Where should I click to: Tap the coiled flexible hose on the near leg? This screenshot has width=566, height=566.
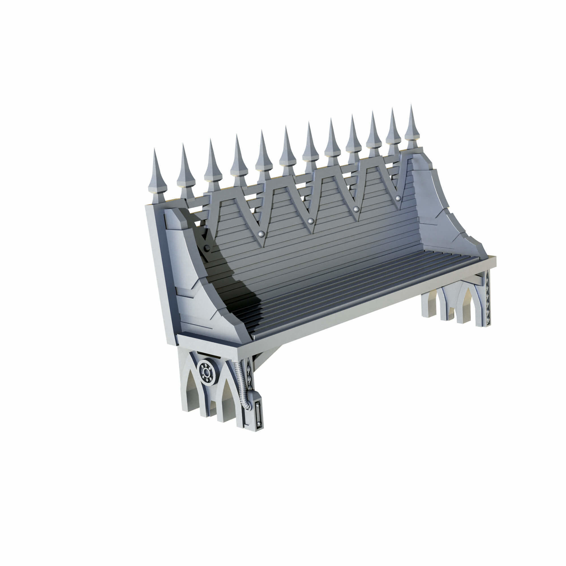tap(243, 384)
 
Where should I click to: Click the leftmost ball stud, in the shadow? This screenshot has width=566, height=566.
tap(207, 248)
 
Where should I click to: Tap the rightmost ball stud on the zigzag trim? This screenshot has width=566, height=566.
tap(398, 198)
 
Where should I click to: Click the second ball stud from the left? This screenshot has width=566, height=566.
tap(261, 233)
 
